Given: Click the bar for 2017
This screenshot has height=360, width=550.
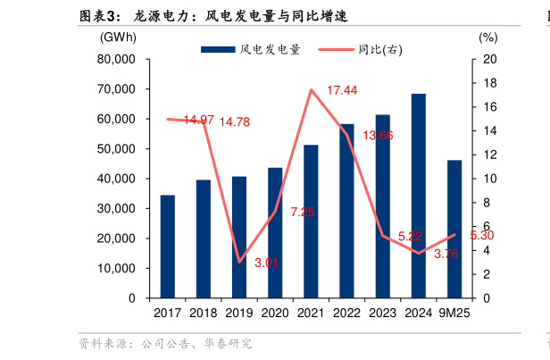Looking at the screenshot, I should click(x=167, y=246).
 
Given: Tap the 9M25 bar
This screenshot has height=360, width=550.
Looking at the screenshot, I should click(x=454, y=229).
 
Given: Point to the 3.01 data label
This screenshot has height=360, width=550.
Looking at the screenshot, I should click(x=267, y=263).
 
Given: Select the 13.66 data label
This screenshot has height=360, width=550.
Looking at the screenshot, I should click(x=378, y=135).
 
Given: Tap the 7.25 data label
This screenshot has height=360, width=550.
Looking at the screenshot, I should click(x=303, y=212).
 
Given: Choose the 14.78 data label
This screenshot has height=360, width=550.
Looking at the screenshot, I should click(x=235, y=121).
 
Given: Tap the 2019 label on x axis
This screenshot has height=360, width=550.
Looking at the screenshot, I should click(x=238, y=313).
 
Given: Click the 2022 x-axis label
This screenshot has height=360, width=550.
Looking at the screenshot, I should click(x=346, y=313).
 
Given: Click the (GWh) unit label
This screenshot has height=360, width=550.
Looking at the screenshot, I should click(x=119, y=38).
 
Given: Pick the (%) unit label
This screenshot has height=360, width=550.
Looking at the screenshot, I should click(x=487, y=38).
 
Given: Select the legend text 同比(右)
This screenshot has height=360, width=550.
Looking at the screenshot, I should click(x=379, y=50).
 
